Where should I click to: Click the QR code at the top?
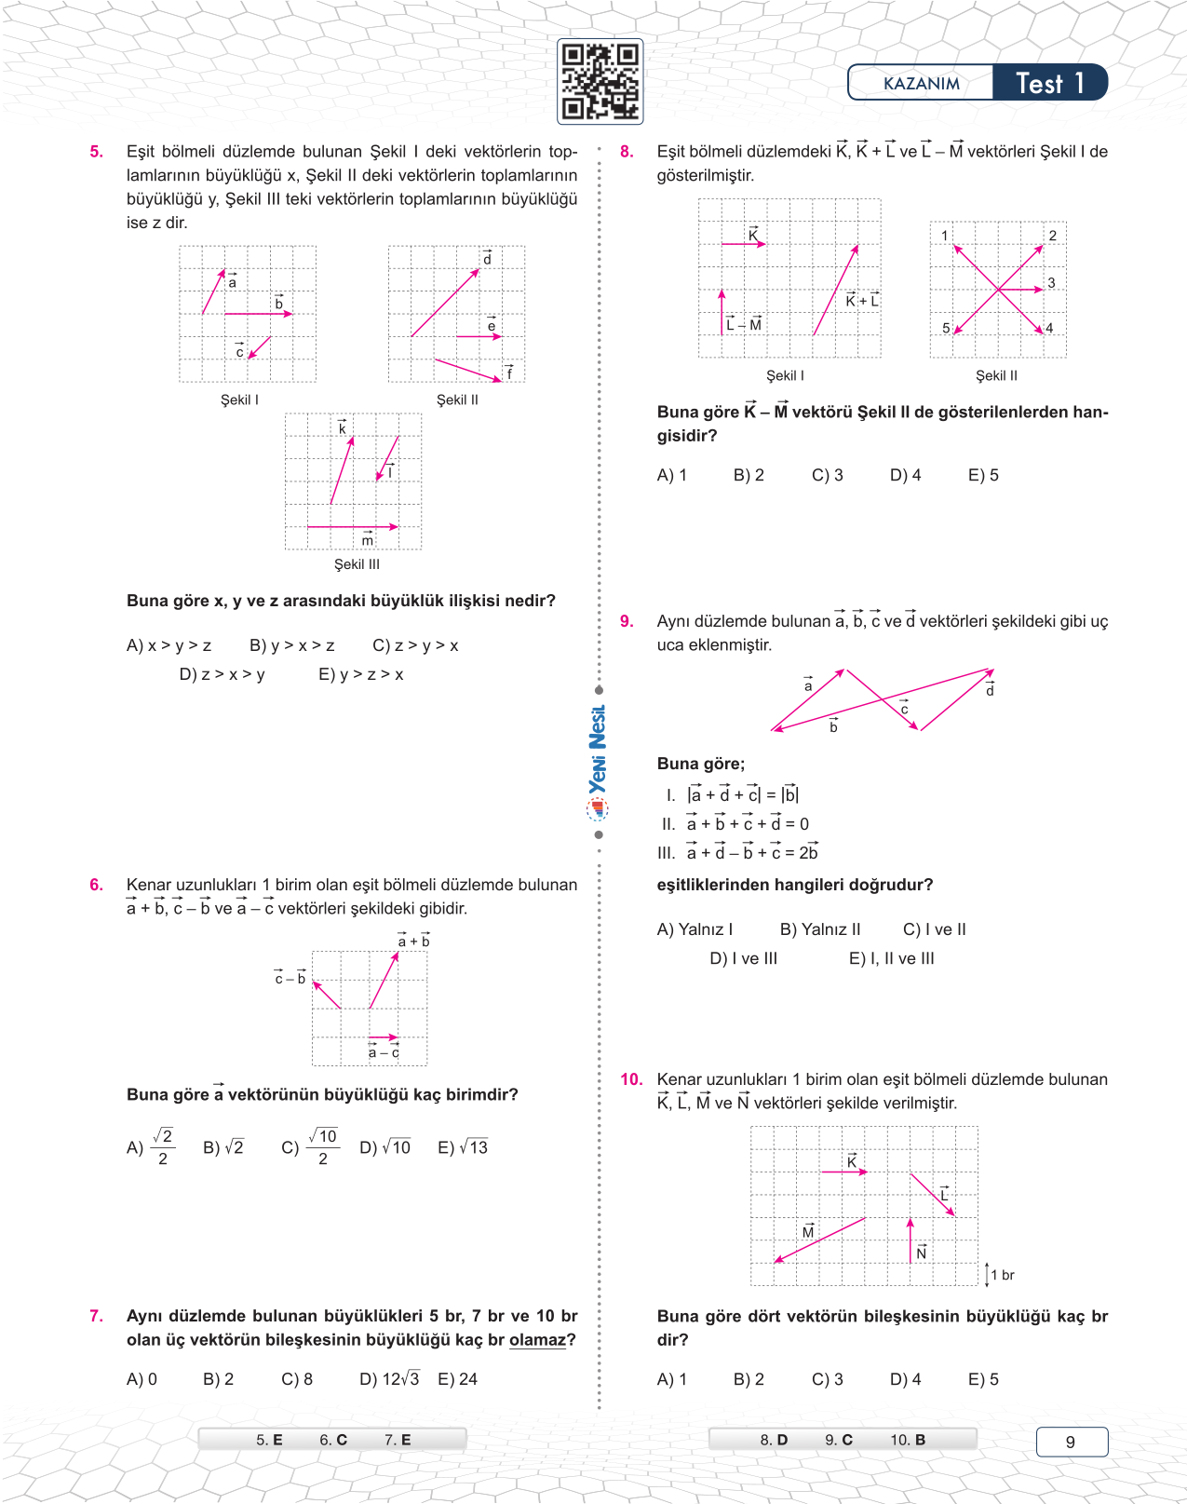[600, 82]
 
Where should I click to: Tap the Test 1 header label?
[1049, 83]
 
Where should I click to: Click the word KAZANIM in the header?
[921, 84]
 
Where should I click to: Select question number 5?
[97, 152]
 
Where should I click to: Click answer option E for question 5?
[360, 674]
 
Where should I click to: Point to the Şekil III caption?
[357, 564]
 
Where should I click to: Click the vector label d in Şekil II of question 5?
[487, 258]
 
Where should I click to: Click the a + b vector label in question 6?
[413, 941]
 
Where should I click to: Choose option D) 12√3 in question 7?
[389, 1379]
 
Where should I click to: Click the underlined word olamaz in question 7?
[537, 1340]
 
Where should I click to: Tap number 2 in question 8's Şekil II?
[1053, 236]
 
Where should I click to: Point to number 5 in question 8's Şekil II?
[946, 328]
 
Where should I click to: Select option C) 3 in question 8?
[827, 475]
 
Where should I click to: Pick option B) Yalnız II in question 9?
[819, 929]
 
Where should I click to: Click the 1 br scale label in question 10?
[1002, 1275]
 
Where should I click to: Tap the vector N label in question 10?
[921, 1253]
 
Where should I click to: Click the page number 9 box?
[1071, 1442]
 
